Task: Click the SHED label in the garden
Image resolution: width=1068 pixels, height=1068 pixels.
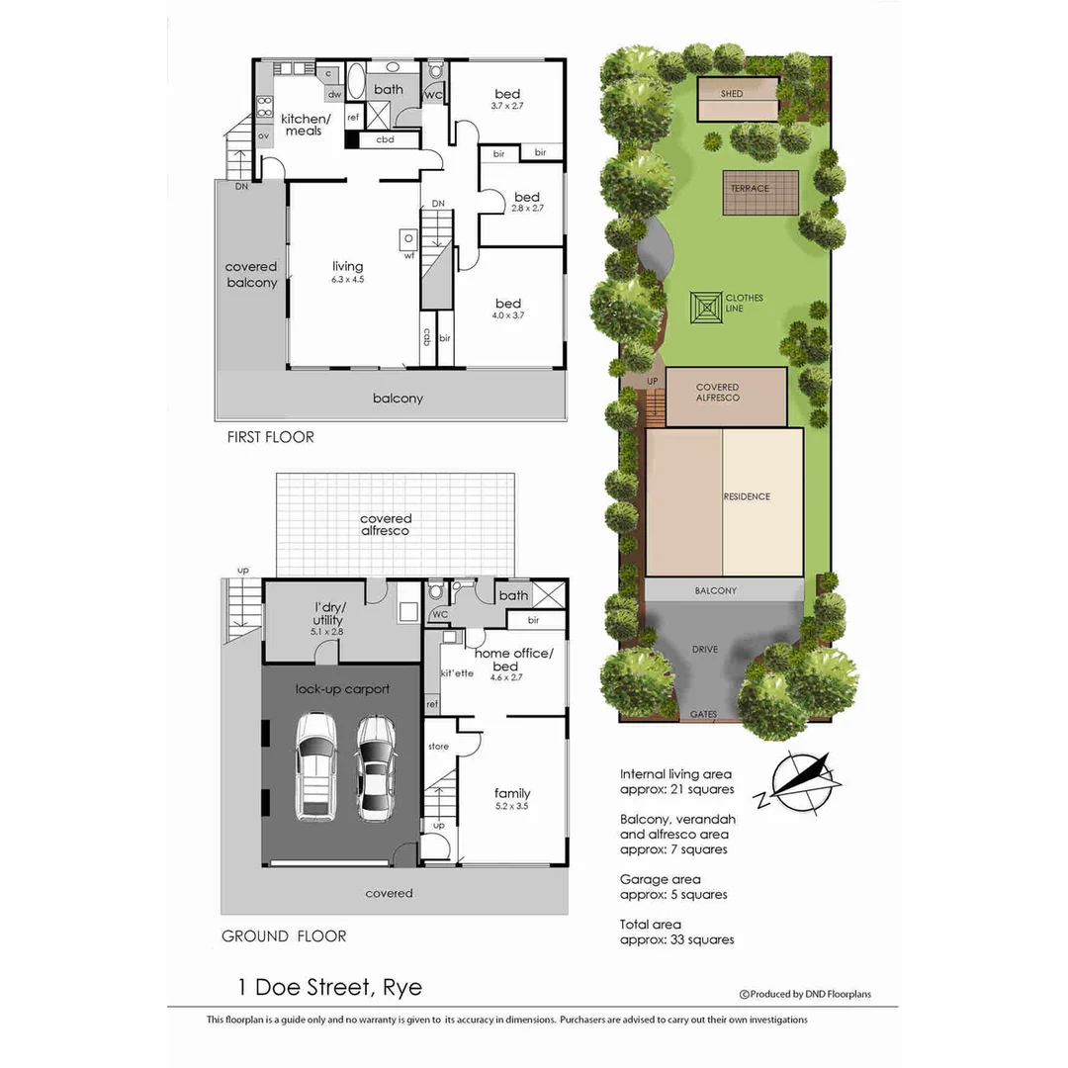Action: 732,94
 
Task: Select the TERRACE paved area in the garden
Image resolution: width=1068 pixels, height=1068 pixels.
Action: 759,192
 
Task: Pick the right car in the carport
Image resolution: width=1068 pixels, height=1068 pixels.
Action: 375,767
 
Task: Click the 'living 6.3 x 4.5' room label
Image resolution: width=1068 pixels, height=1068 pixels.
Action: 347,272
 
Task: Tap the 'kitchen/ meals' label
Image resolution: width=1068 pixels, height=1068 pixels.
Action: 303,125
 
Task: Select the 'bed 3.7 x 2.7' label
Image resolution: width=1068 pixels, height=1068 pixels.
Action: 507,99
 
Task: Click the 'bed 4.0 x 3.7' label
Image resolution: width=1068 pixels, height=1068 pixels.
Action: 508,309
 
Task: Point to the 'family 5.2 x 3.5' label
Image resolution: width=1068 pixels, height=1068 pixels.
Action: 512,799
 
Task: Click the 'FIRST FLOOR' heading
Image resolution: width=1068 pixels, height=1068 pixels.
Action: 269,436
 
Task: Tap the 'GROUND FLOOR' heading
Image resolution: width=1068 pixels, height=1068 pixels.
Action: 284,935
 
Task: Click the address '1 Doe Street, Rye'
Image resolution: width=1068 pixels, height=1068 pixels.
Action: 329,987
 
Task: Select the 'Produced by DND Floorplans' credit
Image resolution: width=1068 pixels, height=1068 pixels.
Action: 805,994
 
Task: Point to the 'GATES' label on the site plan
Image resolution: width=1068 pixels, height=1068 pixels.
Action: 703,714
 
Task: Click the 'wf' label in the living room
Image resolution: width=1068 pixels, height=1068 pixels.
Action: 408,255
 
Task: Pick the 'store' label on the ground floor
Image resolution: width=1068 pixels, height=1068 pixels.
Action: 438,747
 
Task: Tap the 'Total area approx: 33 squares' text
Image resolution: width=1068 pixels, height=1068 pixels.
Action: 676,932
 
